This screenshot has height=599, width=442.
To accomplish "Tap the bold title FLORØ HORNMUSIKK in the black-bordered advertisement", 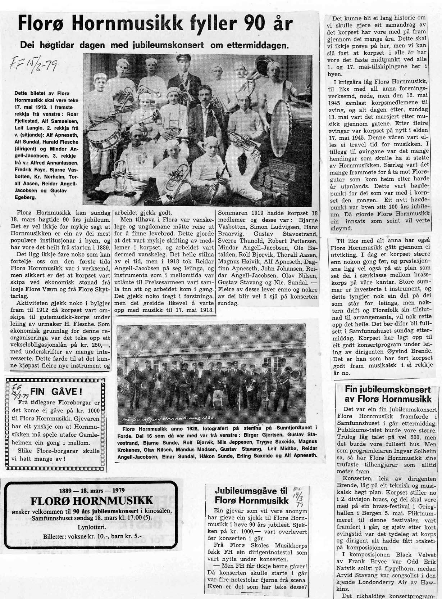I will (91, 501).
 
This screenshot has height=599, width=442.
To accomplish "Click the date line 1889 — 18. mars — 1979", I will (91, 490).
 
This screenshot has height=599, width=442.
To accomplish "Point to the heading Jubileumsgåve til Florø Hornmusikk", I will (251, 496).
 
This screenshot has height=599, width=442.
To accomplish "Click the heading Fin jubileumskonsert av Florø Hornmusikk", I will (388, 394).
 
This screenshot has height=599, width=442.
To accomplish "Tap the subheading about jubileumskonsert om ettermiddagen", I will (154, 45).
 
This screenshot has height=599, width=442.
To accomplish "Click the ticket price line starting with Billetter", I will (92, 536).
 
